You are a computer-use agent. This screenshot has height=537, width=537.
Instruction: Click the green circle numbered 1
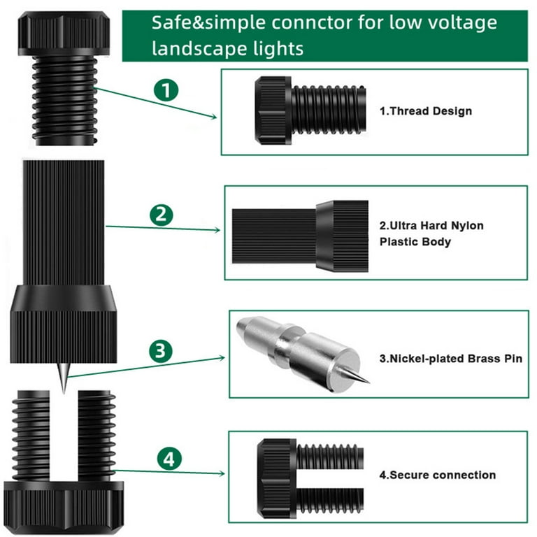pyautogui.click(x=166, y=91)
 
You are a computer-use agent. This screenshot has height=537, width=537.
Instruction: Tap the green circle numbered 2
pyautogui.click(x=162, y=215)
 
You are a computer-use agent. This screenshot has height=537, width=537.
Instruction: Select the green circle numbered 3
pyautogui.click(x=161, y=350)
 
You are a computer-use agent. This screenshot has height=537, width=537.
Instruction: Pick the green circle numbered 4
pyautogui.click(x=170, y=459)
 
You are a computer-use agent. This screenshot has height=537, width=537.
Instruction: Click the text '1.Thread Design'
pyautogui.click(x=426, y=111)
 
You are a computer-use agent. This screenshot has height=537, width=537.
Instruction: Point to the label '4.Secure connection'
pyautogui.click(x=438, y=475)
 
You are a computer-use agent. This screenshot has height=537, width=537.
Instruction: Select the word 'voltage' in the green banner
pyautogui.click(x=464, y=22)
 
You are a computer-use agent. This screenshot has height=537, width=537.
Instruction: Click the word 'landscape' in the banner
pyautogui.click(x=194, y=48)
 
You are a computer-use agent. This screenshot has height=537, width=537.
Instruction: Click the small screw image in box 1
pyautogui.click(x=310, y=110)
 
